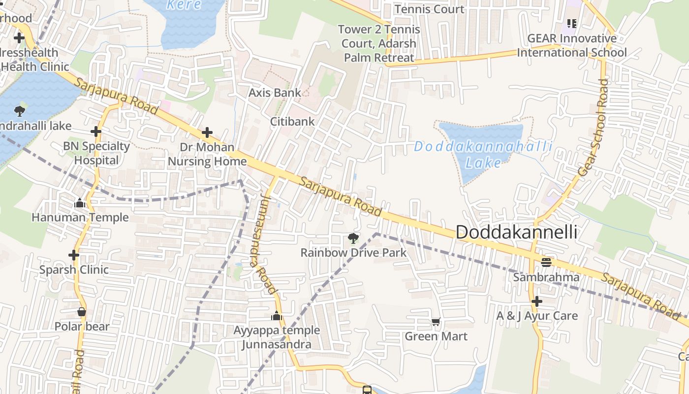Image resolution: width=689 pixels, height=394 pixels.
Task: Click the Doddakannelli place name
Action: coord(516,232)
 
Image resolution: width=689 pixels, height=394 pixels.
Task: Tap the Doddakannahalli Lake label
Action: coord(483,154)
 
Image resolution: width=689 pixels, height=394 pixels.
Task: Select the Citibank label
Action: coord(292,121)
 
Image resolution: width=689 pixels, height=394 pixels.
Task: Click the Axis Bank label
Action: coord(275,93)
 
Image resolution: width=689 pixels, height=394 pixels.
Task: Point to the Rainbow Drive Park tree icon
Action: coord(353,239)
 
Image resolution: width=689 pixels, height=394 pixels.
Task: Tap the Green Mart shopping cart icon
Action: coord(436,322)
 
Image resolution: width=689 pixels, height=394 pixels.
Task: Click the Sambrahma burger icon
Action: coord(546,262)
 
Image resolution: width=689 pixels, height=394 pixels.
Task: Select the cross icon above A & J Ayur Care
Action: coord(537,301)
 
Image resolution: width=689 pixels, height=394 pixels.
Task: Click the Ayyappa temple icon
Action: coord(277,316)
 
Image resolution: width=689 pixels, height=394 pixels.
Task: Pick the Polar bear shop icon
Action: coord(82,312)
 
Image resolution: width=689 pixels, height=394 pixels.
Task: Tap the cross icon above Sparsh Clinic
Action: coord(74,255)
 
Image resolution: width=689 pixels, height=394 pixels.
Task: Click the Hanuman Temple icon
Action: coord(80,203)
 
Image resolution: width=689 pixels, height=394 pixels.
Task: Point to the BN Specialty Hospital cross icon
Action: coord(96,131)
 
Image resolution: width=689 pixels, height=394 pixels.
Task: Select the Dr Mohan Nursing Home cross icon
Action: coord(207,132)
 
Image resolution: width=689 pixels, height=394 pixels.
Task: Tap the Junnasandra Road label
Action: coord(263,244)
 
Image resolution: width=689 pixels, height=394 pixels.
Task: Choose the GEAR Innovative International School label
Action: coord(572,45)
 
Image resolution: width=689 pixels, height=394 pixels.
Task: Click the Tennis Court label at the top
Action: coord(429,9)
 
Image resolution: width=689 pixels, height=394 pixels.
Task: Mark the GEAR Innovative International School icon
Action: coord(571,23)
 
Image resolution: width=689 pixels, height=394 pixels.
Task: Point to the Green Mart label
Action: coord(436,336)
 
